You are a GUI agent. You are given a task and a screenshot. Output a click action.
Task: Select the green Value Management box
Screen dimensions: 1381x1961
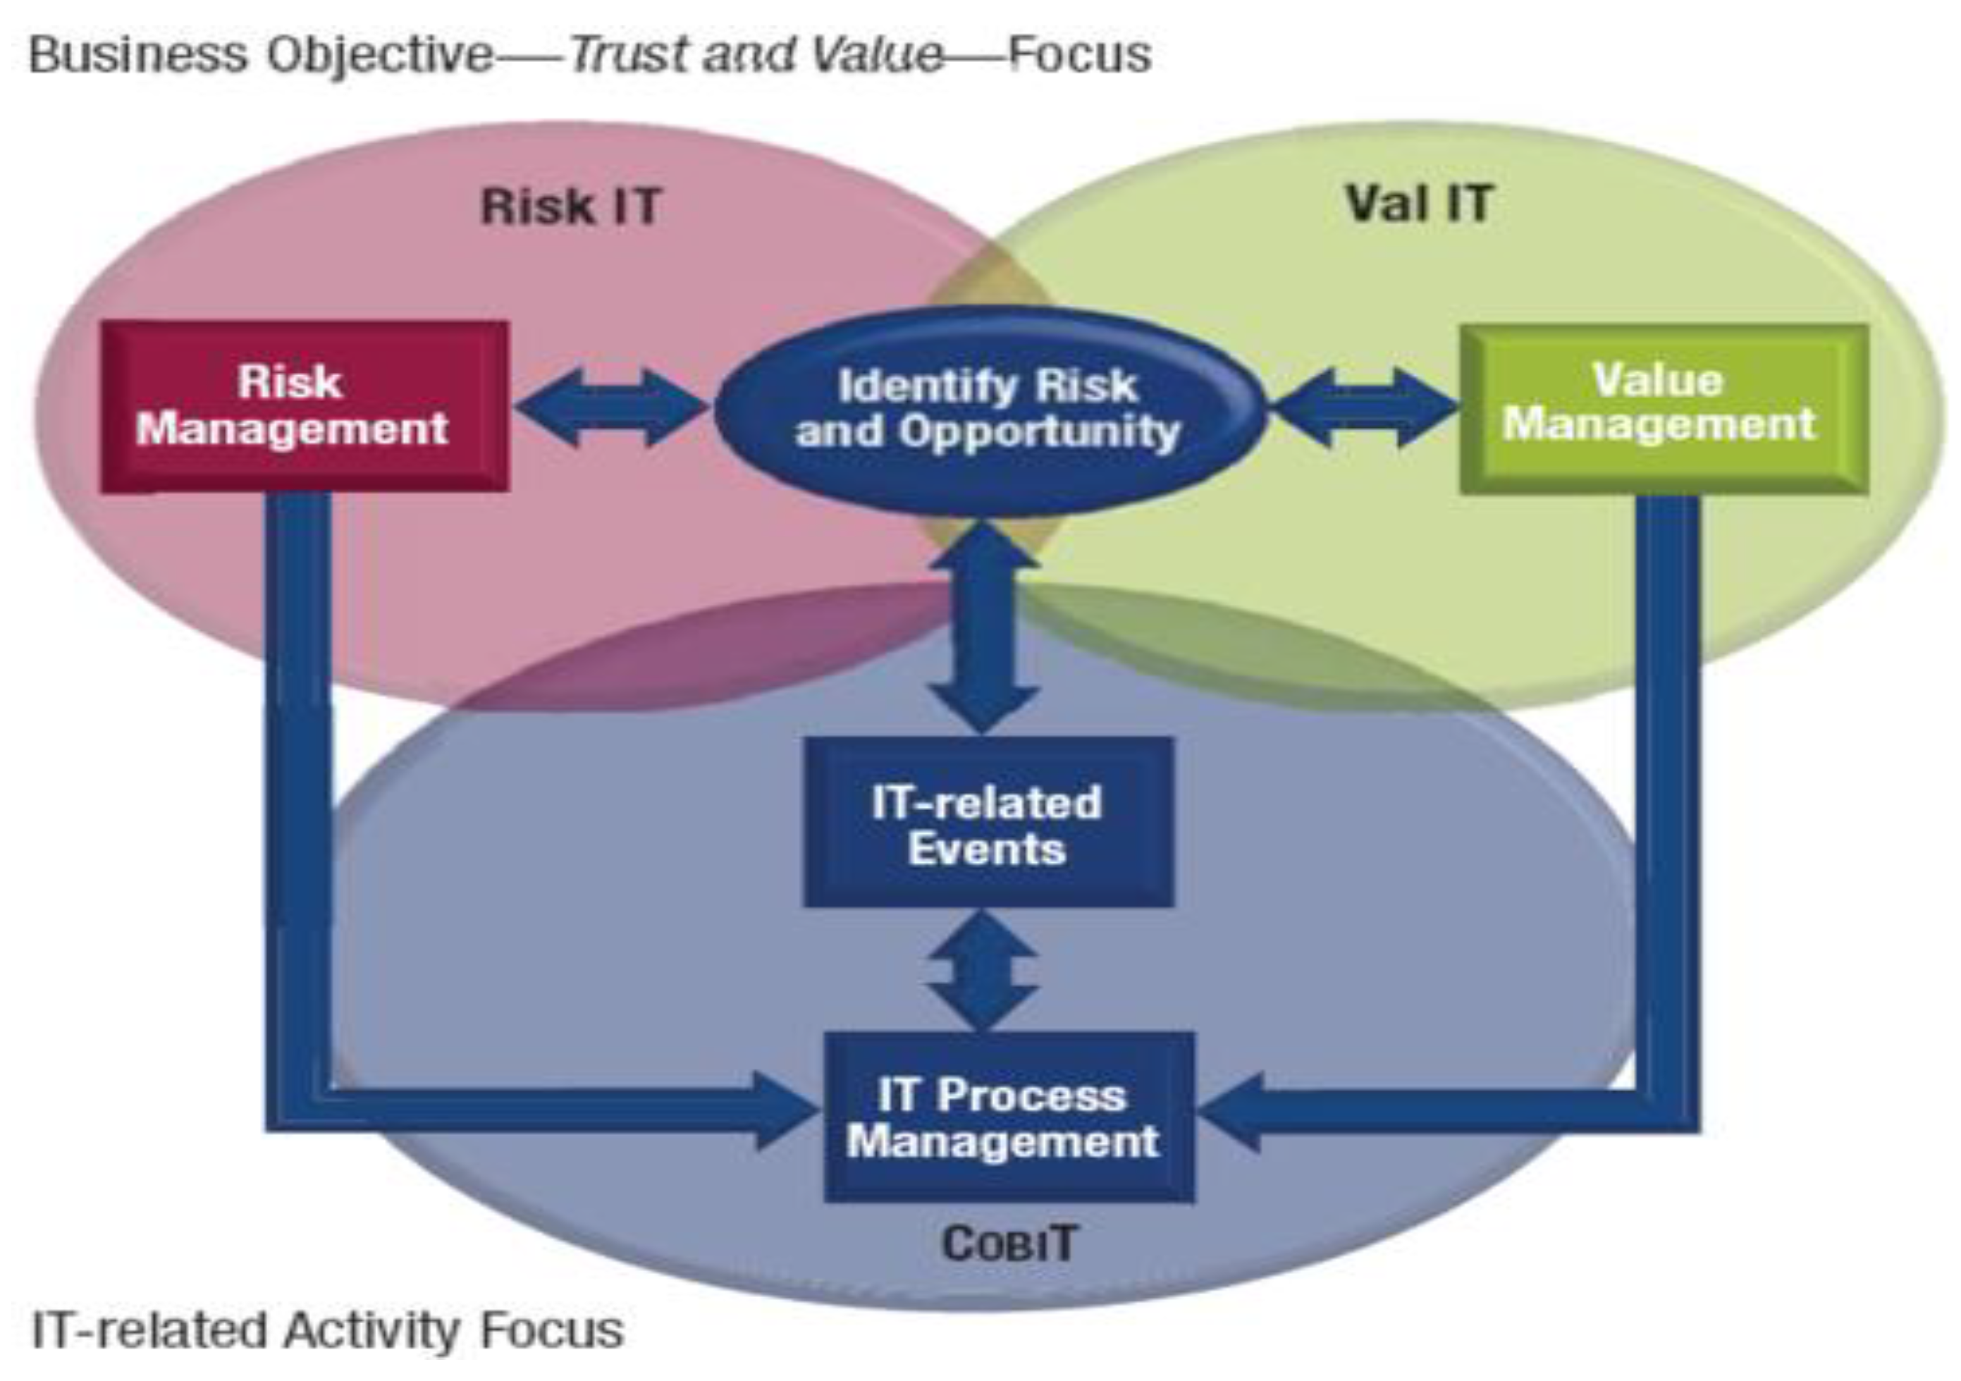(1664, 408)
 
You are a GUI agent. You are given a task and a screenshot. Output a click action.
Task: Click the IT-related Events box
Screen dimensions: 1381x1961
(988, 823)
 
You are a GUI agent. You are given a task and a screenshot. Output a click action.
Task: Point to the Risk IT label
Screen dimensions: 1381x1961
(570, 207)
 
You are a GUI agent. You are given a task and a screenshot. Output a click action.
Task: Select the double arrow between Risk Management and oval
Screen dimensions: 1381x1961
(612, 407)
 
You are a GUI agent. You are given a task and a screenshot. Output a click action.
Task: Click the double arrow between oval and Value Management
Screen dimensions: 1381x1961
(1364, 407)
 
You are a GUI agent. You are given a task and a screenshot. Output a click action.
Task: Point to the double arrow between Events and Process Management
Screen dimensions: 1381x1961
(983, 970)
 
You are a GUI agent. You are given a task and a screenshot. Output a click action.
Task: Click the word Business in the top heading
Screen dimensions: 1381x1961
(140, 56)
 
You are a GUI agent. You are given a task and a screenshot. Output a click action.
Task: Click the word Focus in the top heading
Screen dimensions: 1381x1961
(1078, 56)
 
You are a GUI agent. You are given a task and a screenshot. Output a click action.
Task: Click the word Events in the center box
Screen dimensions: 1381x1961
(988, 849)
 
